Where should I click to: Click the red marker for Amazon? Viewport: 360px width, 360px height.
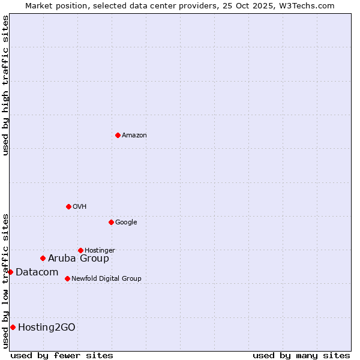[118, 135]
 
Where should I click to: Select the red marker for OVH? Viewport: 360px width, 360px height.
[68, 206]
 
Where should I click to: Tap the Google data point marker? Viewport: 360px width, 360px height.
[111, 222]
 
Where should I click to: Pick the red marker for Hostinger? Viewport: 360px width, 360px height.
[80, 250]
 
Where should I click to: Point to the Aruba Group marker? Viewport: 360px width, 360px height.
[43, 258]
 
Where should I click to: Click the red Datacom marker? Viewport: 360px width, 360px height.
[10, 272]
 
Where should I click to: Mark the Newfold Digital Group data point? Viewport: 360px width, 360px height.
[67, 278]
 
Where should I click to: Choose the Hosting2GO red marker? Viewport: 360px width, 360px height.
[13, 327]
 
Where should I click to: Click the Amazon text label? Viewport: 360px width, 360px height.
[134, 136]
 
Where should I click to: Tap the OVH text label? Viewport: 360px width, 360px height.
[80, 207]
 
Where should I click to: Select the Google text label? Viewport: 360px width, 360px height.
[126, 223]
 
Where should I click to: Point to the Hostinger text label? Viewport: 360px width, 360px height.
[100, 251]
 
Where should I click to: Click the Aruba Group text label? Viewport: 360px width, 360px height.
[79, 259]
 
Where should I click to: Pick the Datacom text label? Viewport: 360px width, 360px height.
[37, 272]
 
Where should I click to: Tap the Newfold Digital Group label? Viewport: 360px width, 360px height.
[106, 279]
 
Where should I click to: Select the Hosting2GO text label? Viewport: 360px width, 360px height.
[47, 328]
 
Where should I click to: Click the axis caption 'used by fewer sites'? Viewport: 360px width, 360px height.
[62, 355]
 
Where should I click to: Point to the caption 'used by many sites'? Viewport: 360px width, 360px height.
[301, 355]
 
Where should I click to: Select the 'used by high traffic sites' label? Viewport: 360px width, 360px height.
[5, 85]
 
